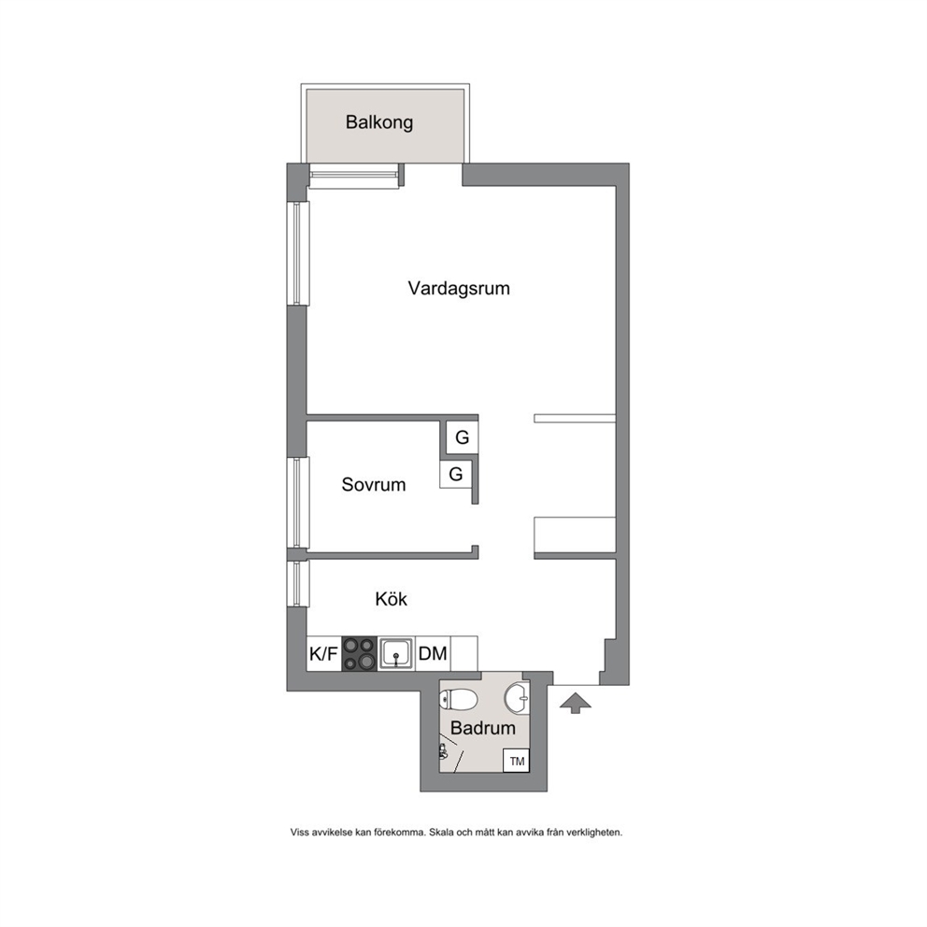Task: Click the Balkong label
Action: pyautogui.click(x=379, y=122)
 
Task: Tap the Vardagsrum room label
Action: pyautogui.click(x=459, y=289)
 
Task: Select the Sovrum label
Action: pyautogui.click(x=374, y=485)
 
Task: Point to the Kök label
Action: pyautogui.click(x=391, y=599)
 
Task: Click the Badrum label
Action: pyautogui.click(x=483, y=728)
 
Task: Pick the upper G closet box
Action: pyautogui.click(x=462, y=437)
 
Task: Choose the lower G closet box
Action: pyautogui.click(x=455, y=474)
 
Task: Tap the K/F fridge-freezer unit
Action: pyautogui.click(x=324, y=653)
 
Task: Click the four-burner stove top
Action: pyautogui.click(x=360, y=653)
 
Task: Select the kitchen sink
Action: pyautogui.click(x=396, y=653)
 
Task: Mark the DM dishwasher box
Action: pyautogui.click(x=433, y=653)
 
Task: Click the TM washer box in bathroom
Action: pyautogui.click(x=516, y=761)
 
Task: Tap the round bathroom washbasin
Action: pyautogui.click(x=518, y=698)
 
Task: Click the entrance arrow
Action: pyautogui.click(x=574, y=704)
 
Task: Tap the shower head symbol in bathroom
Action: pyautogui.click(x=443, y=751)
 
